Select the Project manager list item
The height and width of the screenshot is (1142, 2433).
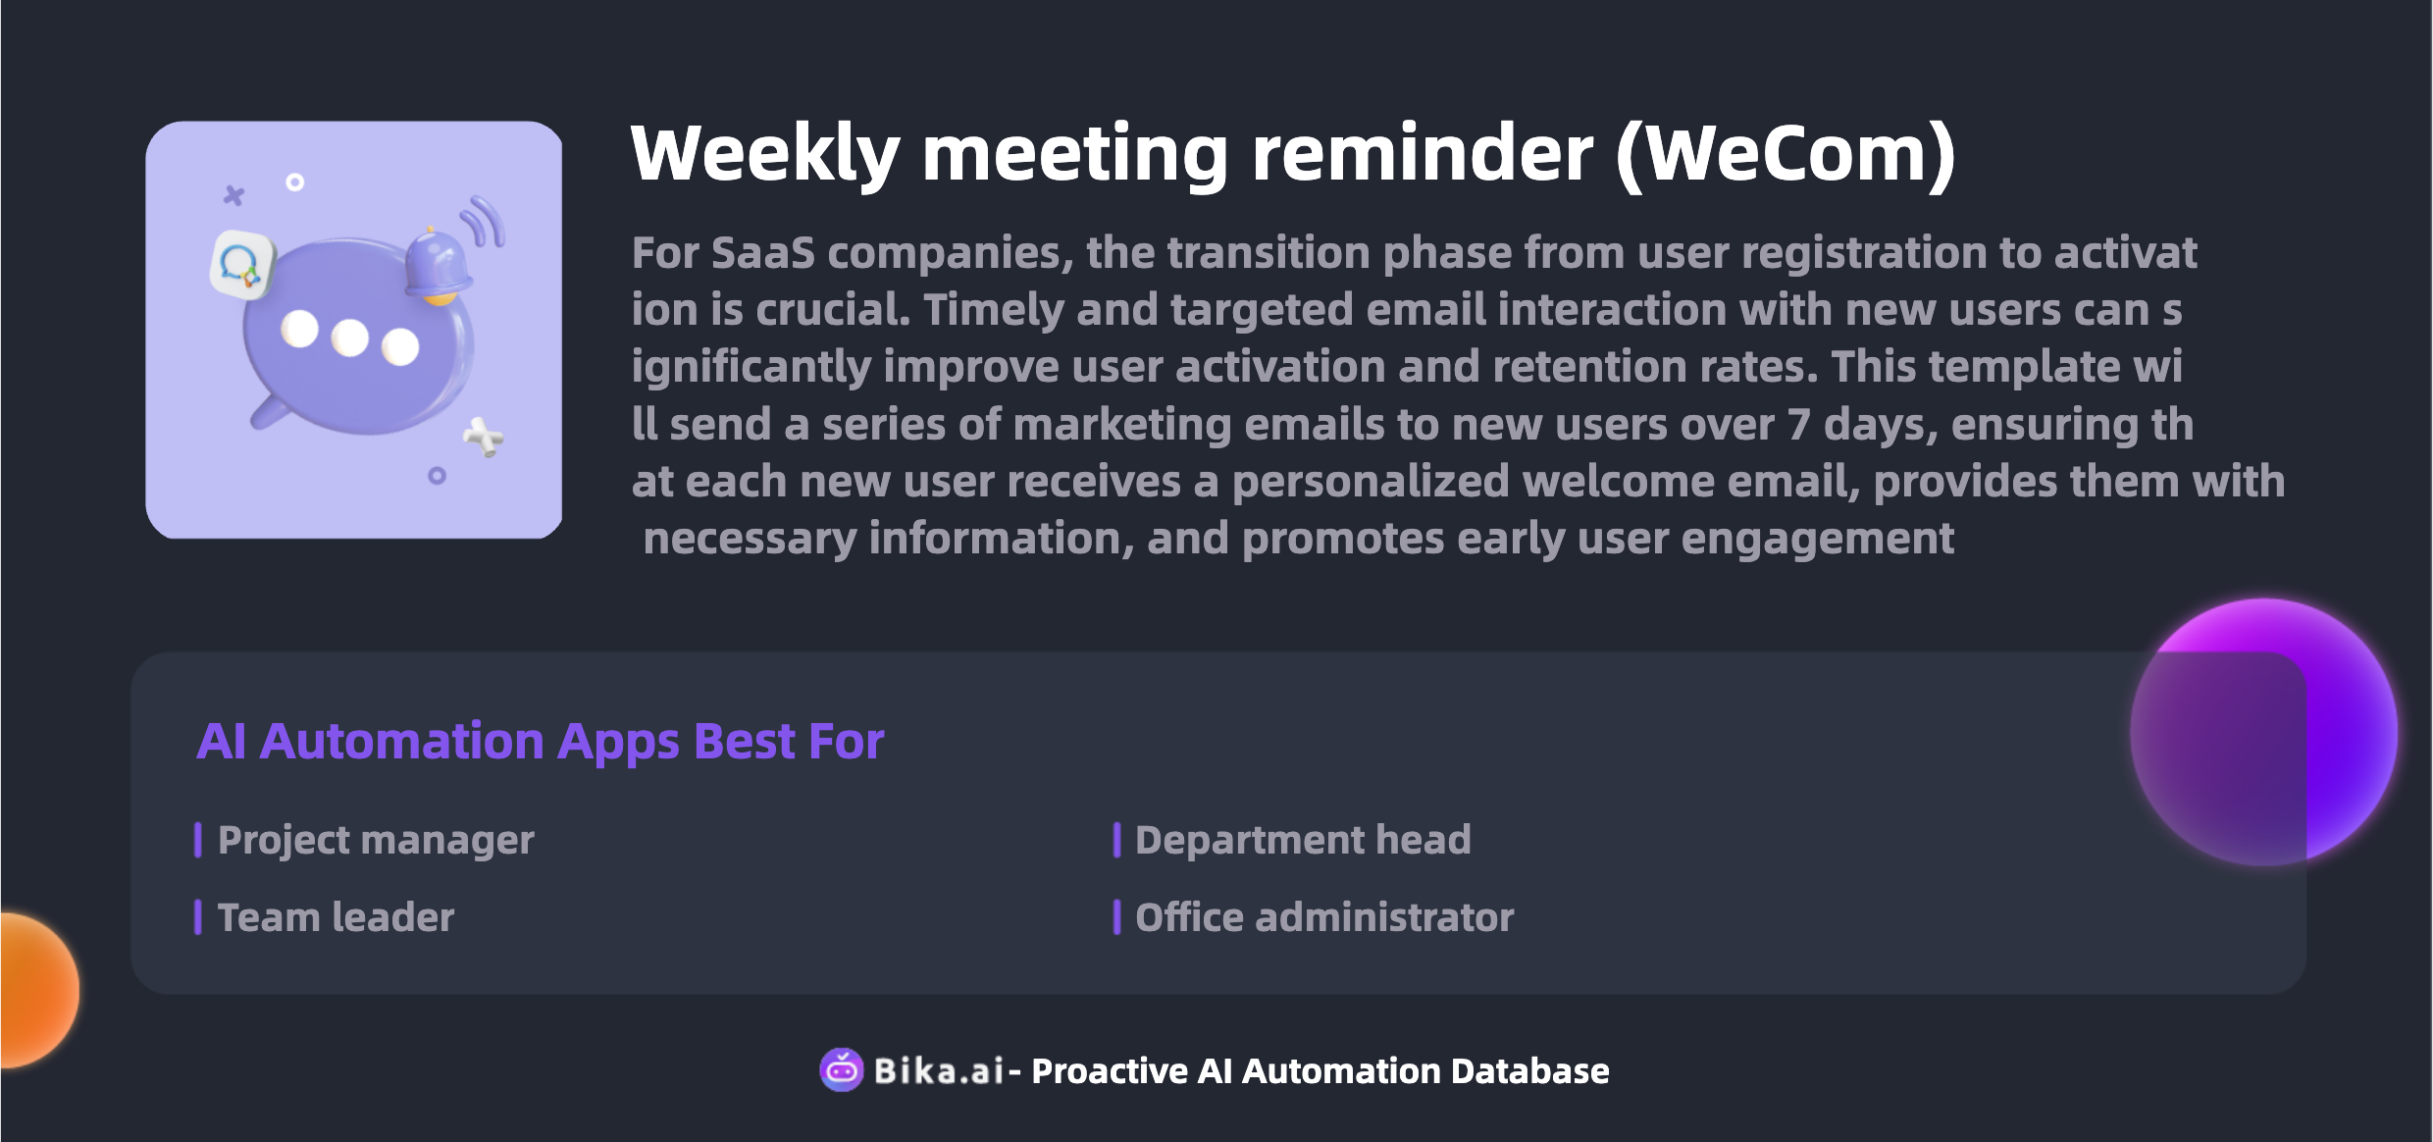pyautogui.click(x=376, y=841)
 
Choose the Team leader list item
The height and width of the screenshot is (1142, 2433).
pyautogui.click(x=336, y=917)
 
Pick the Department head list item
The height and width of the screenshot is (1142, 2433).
pyautogui.click(x=1303, y=840)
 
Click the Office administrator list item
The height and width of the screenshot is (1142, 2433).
pyautogui.click(x=1324, y=917)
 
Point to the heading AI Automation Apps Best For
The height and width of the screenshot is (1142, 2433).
pyautogui.click(x=541, y=742)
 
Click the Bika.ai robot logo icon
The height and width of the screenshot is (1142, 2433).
pyautogui.click(x=842, y=1069)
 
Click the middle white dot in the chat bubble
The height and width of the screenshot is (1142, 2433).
pyautogui.click(x=349, y=337)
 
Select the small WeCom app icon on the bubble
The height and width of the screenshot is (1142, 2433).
pyautogui.click(x=240, y=265)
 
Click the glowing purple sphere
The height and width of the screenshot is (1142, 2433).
pyautogui.click(x=2264, y=732)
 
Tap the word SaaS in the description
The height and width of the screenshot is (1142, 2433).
pyautogui.click(x=763, y=253)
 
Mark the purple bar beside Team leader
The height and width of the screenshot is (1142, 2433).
pyautogui.click(x=198, y=917)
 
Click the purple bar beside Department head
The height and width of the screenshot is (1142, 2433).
pyautogui.click(x=1116, y=840)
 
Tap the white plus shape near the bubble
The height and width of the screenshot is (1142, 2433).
pyautogui.click(x=484, y=438)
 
